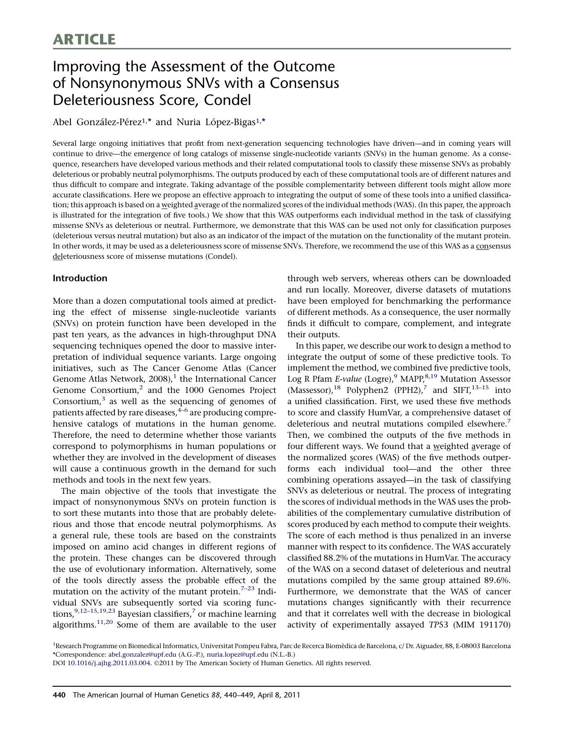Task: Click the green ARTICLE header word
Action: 84,39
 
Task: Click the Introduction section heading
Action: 80,278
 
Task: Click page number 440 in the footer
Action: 59,695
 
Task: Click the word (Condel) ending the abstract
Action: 221,257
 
